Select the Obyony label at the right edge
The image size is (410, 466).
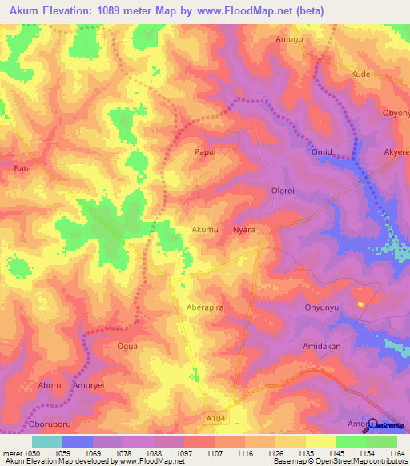(396, 113)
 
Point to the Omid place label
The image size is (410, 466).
(321, 151)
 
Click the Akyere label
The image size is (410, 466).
(396, 151)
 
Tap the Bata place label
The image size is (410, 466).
(22, 169)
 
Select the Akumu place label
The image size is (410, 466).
(205, 230)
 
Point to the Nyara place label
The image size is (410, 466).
(243, 230)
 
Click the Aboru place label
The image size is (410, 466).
(50, 385)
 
